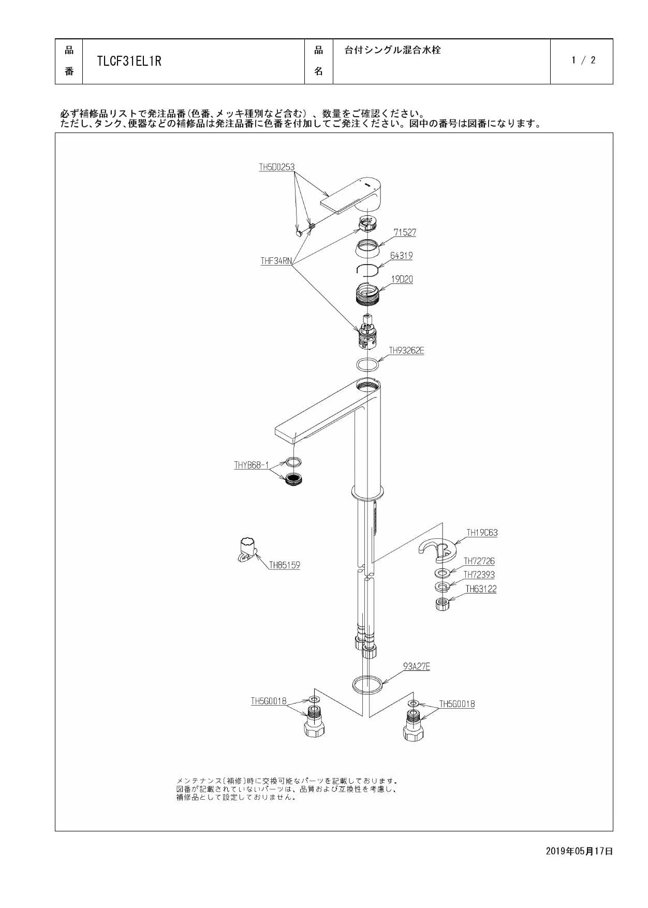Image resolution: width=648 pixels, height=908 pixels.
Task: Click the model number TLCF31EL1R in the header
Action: click(129, 61)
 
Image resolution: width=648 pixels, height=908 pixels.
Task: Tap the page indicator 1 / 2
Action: click(583, 60)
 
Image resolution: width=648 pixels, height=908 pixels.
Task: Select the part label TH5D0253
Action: click(277, 167)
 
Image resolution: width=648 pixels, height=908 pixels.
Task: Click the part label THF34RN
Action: click(276, 261)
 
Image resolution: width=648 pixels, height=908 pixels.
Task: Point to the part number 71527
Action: click(405, 232)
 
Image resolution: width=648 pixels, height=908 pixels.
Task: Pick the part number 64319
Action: click(402, 255)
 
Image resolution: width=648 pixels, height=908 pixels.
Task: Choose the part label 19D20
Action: click(402, 279)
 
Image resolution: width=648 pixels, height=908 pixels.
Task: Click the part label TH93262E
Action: click(407, 350)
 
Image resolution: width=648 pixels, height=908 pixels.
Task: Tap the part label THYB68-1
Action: click(252, 465)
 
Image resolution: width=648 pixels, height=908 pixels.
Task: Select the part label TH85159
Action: click(284, 565)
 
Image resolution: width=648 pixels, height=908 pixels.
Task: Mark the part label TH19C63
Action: click(482, 532)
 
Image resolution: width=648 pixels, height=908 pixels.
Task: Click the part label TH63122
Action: click(481, 589)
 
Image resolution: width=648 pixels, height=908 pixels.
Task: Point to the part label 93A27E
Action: click(417, 666)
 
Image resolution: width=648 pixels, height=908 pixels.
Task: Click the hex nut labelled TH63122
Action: click(442, 604)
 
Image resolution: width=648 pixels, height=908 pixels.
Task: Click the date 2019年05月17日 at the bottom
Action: click(579, 851)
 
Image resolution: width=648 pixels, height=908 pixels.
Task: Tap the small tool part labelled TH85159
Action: click(247, 550)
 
